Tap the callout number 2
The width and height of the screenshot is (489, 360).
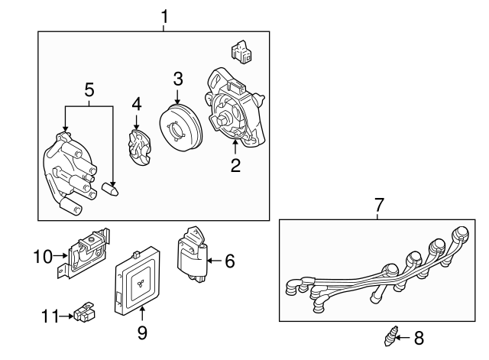236,165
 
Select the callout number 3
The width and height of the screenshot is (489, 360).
177,78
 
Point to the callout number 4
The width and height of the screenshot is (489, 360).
136,103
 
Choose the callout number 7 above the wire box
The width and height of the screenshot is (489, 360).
378,205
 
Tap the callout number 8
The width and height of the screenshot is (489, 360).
417,336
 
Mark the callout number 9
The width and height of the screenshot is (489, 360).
142,332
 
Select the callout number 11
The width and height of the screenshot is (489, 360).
50,313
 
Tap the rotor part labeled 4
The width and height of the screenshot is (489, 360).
138,147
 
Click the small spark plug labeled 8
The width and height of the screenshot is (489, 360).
393,336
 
